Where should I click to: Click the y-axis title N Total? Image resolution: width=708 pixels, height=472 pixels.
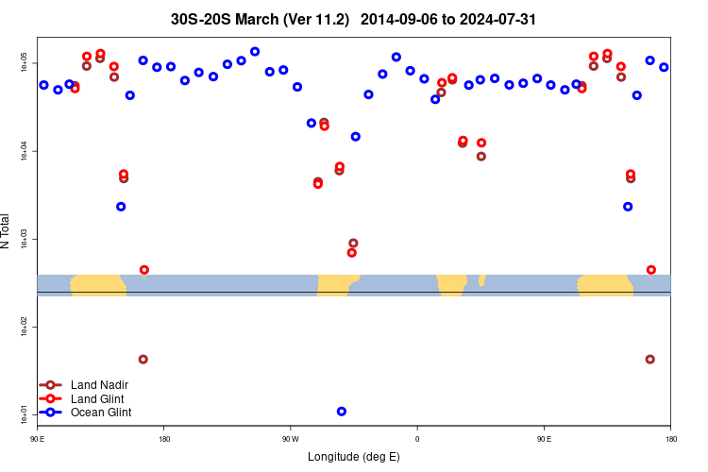pos(6,231)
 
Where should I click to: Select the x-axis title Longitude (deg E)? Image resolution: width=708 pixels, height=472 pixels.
pos(353,457)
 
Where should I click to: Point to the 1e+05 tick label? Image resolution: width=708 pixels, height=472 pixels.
pos(25,63)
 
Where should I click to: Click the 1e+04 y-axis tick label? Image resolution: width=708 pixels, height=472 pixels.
pos(25,151)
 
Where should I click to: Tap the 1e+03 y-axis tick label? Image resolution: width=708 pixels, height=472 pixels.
pos(25,239)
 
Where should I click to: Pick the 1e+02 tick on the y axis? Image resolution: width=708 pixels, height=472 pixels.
pos(25,327)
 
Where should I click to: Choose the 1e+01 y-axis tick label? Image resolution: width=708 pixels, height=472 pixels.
pos(25,413)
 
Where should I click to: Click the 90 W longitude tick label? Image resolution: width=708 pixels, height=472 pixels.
pos(290,439)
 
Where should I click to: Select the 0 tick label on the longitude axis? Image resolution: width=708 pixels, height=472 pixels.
pos(416,439)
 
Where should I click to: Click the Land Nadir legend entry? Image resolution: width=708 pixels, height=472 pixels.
pos(99,385)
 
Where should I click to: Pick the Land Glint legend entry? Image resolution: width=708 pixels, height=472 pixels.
pos(98,398)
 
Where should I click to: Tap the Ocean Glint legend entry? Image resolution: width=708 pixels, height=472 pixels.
pos(101,413)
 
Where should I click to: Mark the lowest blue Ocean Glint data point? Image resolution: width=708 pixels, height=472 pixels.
pos(341,412)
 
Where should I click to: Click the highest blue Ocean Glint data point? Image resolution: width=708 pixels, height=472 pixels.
pos(255,51)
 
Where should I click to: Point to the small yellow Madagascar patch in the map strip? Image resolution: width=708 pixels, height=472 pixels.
pos(481,280)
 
